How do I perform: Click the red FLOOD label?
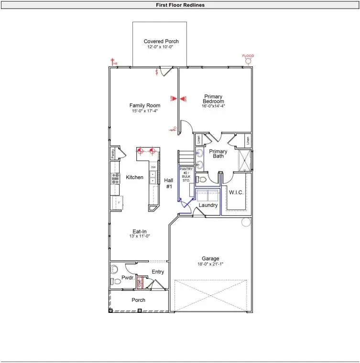click(248, 56)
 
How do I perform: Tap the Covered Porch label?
click(161, 42)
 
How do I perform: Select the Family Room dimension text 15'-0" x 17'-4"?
click(144, 111)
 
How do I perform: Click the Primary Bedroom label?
click(213, 99)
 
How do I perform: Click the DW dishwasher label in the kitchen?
click(153, 167)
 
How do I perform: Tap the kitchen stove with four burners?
click(115, 178)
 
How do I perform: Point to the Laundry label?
click(208, 205)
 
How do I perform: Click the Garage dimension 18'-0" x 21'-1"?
click(210, 264)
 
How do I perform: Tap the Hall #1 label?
click(169, 183)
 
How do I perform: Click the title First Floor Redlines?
click(180, 5)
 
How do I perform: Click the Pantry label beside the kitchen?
click(113, 153)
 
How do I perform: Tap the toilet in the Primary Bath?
click(201, 180)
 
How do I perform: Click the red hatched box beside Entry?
click(141, 282)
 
